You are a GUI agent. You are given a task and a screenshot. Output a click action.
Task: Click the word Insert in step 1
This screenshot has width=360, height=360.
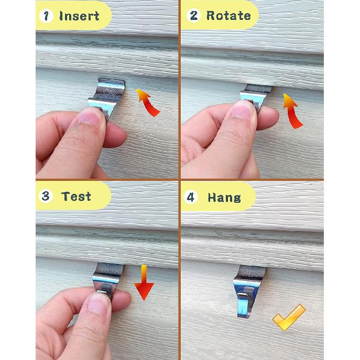click(x=79, y=16)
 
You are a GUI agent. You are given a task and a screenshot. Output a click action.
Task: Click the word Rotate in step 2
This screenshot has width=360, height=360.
click(x=228, y=15)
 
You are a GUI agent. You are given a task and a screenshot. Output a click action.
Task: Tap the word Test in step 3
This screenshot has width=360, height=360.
click(x=76, y=197)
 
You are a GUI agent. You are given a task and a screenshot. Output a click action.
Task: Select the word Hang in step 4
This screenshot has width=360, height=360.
click(x=224, y=198)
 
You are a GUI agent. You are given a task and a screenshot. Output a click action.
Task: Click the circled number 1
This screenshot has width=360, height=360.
click(x=47, y=16)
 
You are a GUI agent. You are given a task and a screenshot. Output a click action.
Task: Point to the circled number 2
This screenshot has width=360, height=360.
click(x=194, y=15)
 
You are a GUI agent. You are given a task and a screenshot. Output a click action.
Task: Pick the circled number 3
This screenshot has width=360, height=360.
click(x=46, y=197)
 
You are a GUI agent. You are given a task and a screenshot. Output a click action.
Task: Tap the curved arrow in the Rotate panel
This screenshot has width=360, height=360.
click(x=293, y=110)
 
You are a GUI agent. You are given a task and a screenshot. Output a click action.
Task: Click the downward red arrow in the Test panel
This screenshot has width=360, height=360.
click(x=143, y=282)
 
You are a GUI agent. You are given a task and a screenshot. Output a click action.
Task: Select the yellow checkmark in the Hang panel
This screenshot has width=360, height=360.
click(x=290, y=317)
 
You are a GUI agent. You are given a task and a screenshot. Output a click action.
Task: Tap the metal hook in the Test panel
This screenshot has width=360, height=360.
click(x=108, y=280)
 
